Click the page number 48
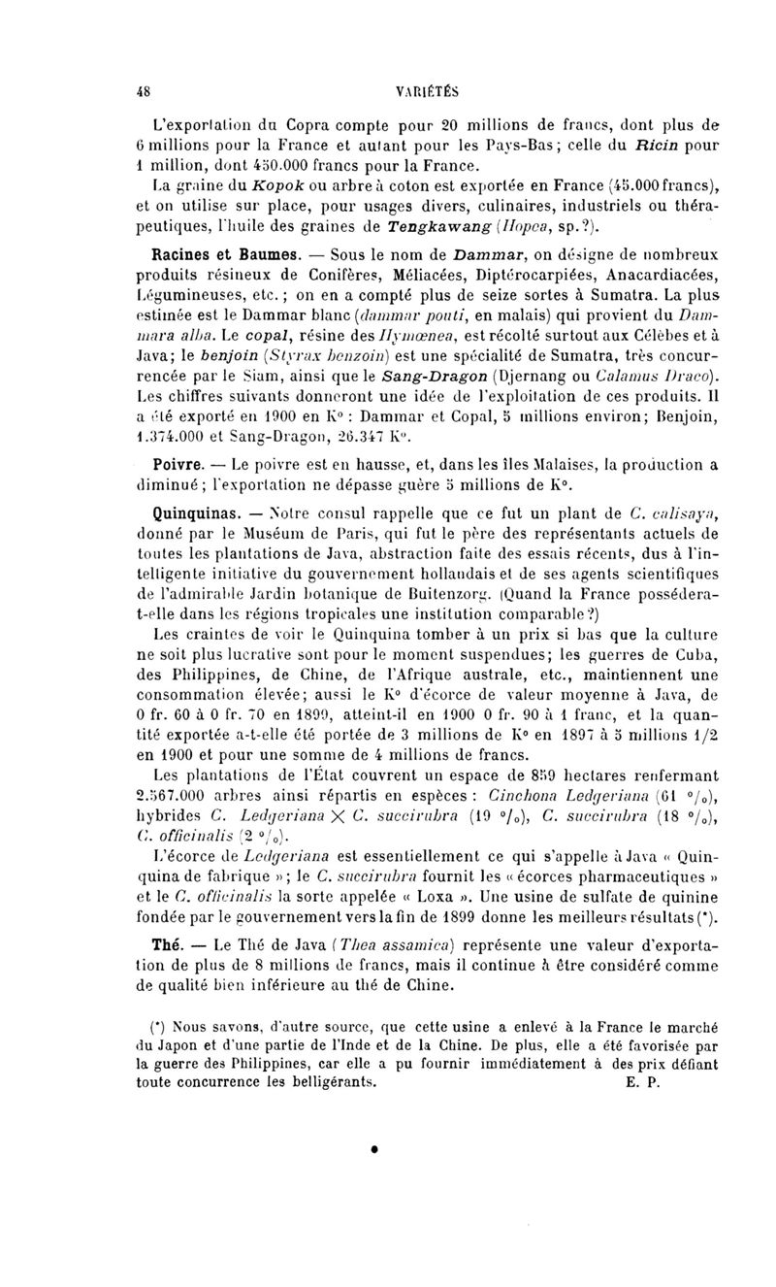[x=145, y=91]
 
